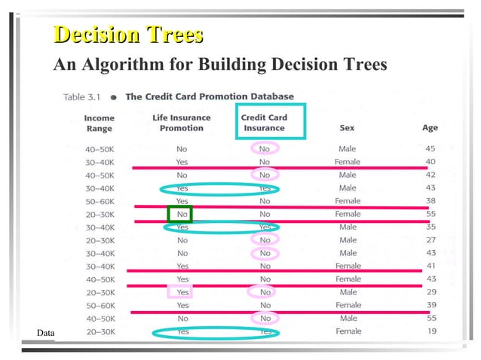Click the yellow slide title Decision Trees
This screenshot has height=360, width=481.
coord(129,35)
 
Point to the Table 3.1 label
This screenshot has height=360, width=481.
coord(84,96)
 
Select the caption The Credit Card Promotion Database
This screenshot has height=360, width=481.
coord(209,96)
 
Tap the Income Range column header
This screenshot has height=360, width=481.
coord(99,124)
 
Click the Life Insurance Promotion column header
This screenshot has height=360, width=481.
coord(182,123)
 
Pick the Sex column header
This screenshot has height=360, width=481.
coord(347,128)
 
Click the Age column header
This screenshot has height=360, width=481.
coord(430,128)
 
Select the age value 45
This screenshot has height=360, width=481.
coord(430,149)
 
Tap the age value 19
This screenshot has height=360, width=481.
coord(430,331)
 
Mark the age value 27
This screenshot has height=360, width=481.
coord(430,240)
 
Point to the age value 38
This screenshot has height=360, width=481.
coord(430,201)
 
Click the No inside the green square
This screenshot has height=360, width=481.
coord(181,214)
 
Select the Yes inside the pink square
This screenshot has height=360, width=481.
coord(182,292)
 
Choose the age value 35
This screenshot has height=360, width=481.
coord(430,227)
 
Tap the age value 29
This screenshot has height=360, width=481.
coord(430,292)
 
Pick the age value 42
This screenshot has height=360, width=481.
coord(430,175)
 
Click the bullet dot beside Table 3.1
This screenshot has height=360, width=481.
coord(113,97)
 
